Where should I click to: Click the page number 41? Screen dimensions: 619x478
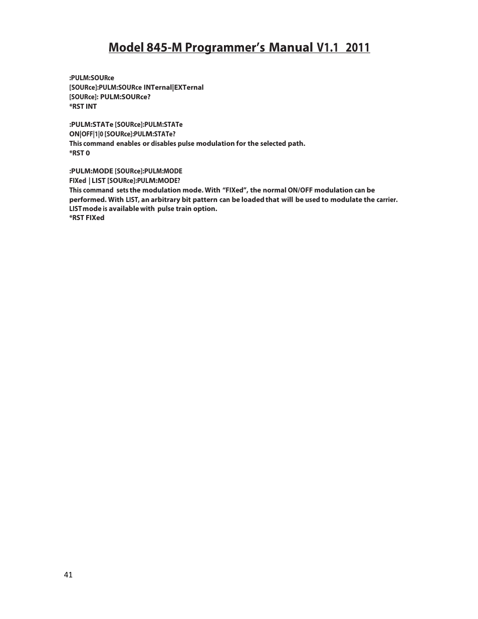click(68, 575)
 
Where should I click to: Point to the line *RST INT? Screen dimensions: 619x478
click(83, 106)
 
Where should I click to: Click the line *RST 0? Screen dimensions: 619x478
click(79, 153)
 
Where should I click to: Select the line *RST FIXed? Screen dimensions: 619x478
click(87, 218)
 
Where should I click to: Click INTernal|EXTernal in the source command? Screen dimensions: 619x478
click(173, 87)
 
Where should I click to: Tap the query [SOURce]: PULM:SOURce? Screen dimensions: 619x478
click(110, 97)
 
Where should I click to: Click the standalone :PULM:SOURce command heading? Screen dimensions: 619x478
click(91, 78)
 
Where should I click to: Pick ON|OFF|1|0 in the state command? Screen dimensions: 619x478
click(86, 134)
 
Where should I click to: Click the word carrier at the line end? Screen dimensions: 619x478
click(387, 199)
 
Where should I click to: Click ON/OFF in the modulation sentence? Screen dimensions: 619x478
click(300, 190)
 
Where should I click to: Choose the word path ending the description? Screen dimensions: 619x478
click(296, 143)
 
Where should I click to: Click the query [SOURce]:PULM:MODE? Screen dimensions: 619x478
click(143, 180)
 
